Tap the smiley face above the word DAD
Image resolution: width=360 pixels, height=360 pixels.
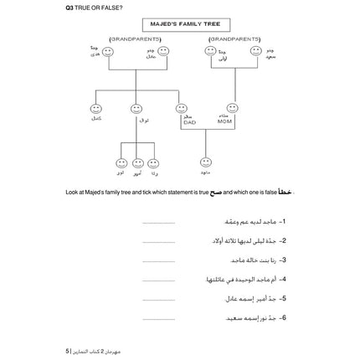tap(182, 108)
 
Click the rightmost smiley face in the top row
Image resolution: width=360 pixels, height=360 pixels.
tap(255, 52)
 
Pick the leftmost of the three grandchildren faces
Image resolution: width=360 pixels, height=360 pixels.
tap(122, 163)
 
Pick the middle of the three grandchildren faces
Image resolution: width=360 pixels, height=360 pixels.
tap(138, 163)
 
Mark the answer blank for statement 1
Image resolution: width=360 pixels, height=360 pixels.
tap(158, 224)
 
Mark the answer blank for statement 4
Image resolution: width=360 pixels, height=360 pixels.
tap(158, 280)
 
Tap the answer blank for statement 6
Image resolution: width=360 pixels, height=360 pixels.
tap(158, 318)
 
